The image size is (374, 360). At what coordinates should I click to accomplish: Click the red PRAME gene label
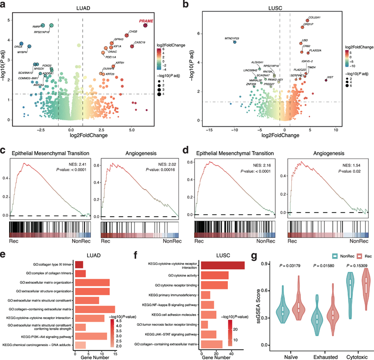click(x=145, y=21)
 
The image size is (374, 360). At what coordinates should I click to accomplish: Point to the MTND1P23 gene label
click(x=229, y=39)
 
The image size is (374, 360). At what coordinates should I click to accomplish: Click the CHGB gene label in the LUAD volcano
click(x=133, y=31)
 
